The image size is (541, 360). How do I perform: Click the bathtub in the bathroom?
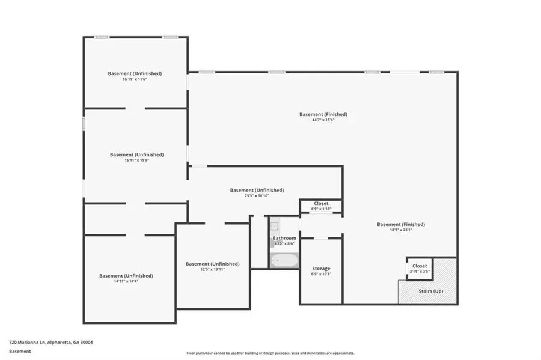[x=284, y=261]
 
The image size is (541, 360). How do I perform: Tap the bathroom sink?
[x=274, y=226]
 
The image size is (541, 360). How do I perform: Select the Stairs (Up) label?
[x=430, y=291]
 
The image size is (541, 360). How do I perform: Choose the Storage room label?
[x=321, y=268]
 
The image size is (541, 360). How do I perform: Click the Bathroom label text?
[x=284, y=238]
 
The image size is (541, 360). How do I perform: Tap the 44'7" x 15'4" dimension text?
[x=323, y=120]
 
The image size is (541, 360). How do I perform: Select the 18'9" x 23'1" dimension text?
[x=401, y=230]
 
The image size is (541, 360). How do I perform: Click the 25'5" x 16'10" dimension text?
[x=257, y=196]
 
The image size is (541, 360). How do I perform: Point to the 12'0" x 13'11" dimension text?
[x=213, y=270]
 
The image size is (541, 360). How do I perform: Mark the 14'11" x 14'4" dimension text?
[x=126, y=282]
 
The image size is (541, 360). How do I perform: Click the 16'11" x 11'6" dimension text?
[x=135, y=79]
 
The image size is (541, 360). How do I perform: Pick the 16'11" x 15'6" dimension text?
[x=136, y=160]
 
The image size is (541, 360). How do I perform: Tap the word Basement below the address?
[x=20, y=351]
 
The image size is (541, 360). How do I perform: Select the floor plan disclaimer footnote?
[x=270, y=353]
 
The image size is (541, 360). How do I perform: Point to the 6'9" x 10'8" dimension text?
[x=321, y=274]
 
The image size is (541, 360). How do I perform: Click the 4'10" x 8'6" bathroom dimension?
[x=284, y=243]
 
